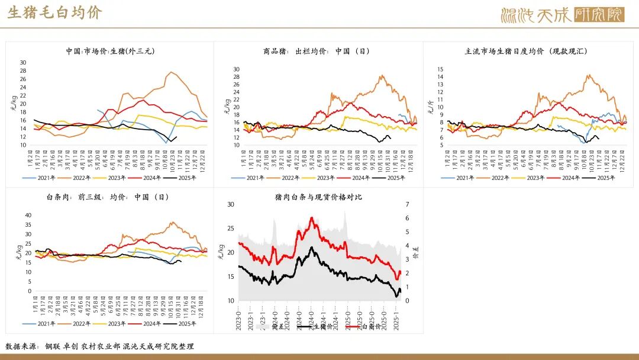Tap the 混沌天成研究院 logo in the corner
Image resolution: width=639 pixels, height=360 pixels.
[x=562, y=15]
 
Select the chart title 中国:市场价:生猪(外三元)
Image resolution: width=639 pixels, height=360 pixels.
[x=110, y=52]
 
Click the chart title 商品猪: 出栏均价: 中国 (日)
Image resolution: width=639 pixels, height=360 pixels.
[x=316, y=52]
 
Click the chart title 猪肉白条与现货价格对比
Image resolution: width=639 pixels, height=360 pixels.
[x=318, y=197]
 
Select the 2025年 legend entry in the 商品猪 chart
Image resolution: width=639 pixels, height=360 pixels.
[x=386, y=178]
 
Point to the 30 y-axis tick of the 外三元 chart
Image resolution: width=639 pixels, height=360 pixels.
[x=23, y=62]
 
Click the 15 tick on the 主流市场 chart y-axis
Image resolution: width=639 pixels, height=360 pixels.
[x=440, y=69]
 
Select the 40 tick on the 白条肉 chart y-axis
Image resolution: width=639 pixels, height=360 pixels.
[x=27, y=215]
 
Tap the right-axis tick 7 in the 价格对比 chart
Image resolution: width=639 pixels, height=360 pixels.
[x=406, y=204]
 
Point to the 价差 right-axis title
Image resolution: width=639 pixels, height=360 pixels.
[x=416, y=253]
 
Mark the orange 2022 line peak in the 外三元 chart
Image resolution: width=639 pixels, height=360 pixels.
[x=171, y=72]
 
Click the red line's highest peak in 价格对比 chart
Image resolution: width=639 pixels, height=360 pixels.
[x=312, y=217]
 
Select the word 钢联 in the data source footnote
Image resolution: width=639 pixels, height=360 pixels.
[x=51, y=346]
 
